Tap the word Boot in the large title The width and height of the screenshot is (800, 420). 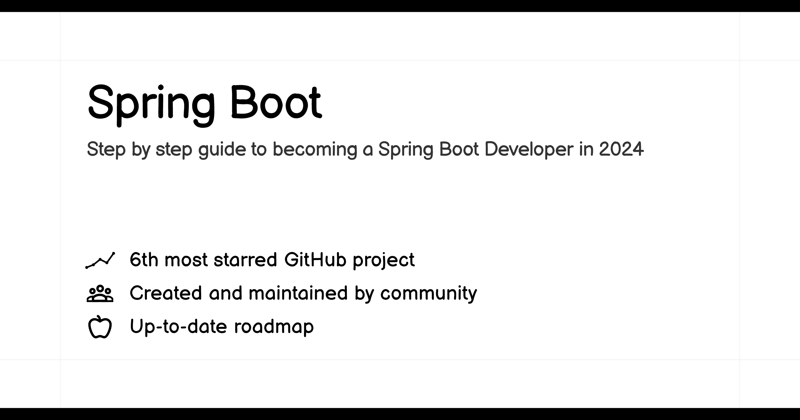point(276,102)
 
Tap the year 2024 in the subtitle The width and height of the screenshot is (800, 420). point(621,149)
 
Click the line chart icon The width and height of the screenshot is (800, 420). point(100,260)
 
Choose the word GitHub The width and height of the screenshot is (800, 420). point(315,259)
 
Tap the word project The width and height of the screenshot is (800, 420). point(384,261)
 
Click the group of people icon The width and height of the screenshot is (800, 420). point(100,293)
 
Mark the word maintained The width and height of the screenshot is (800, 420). point(298,293)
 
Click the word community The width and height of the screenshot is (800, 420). point(429,294)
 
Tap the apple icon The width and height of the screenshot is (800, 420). point(100,327)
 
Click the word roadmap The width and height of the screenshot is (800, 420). point(274,327)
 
